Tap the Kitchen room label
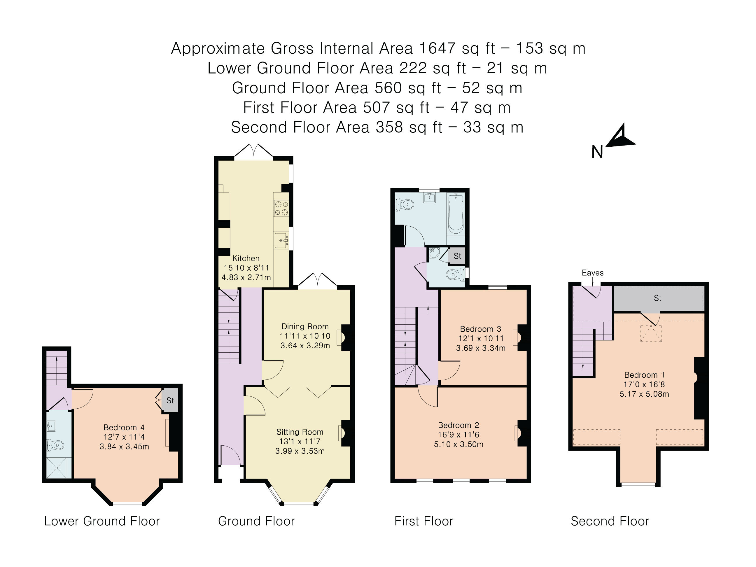click(246, 258)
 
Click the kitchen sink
click(281, 241)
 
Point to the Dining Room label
click(305, 326)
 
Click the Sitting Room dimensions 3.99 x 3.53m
click(300, 451)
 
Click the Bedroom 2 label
click(458, 425)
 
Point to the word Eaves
click(592, 273)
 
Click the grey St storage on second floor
click(658, 298)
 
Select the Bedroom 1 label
click(644, 374)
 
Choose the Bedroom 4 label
click(124, 427)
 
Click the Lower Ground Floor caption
click(102, 521)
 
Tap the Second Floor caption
click(609, 521)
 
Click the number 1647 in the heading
click(437, 48)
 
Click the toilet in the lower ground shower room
click(56, 445)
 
